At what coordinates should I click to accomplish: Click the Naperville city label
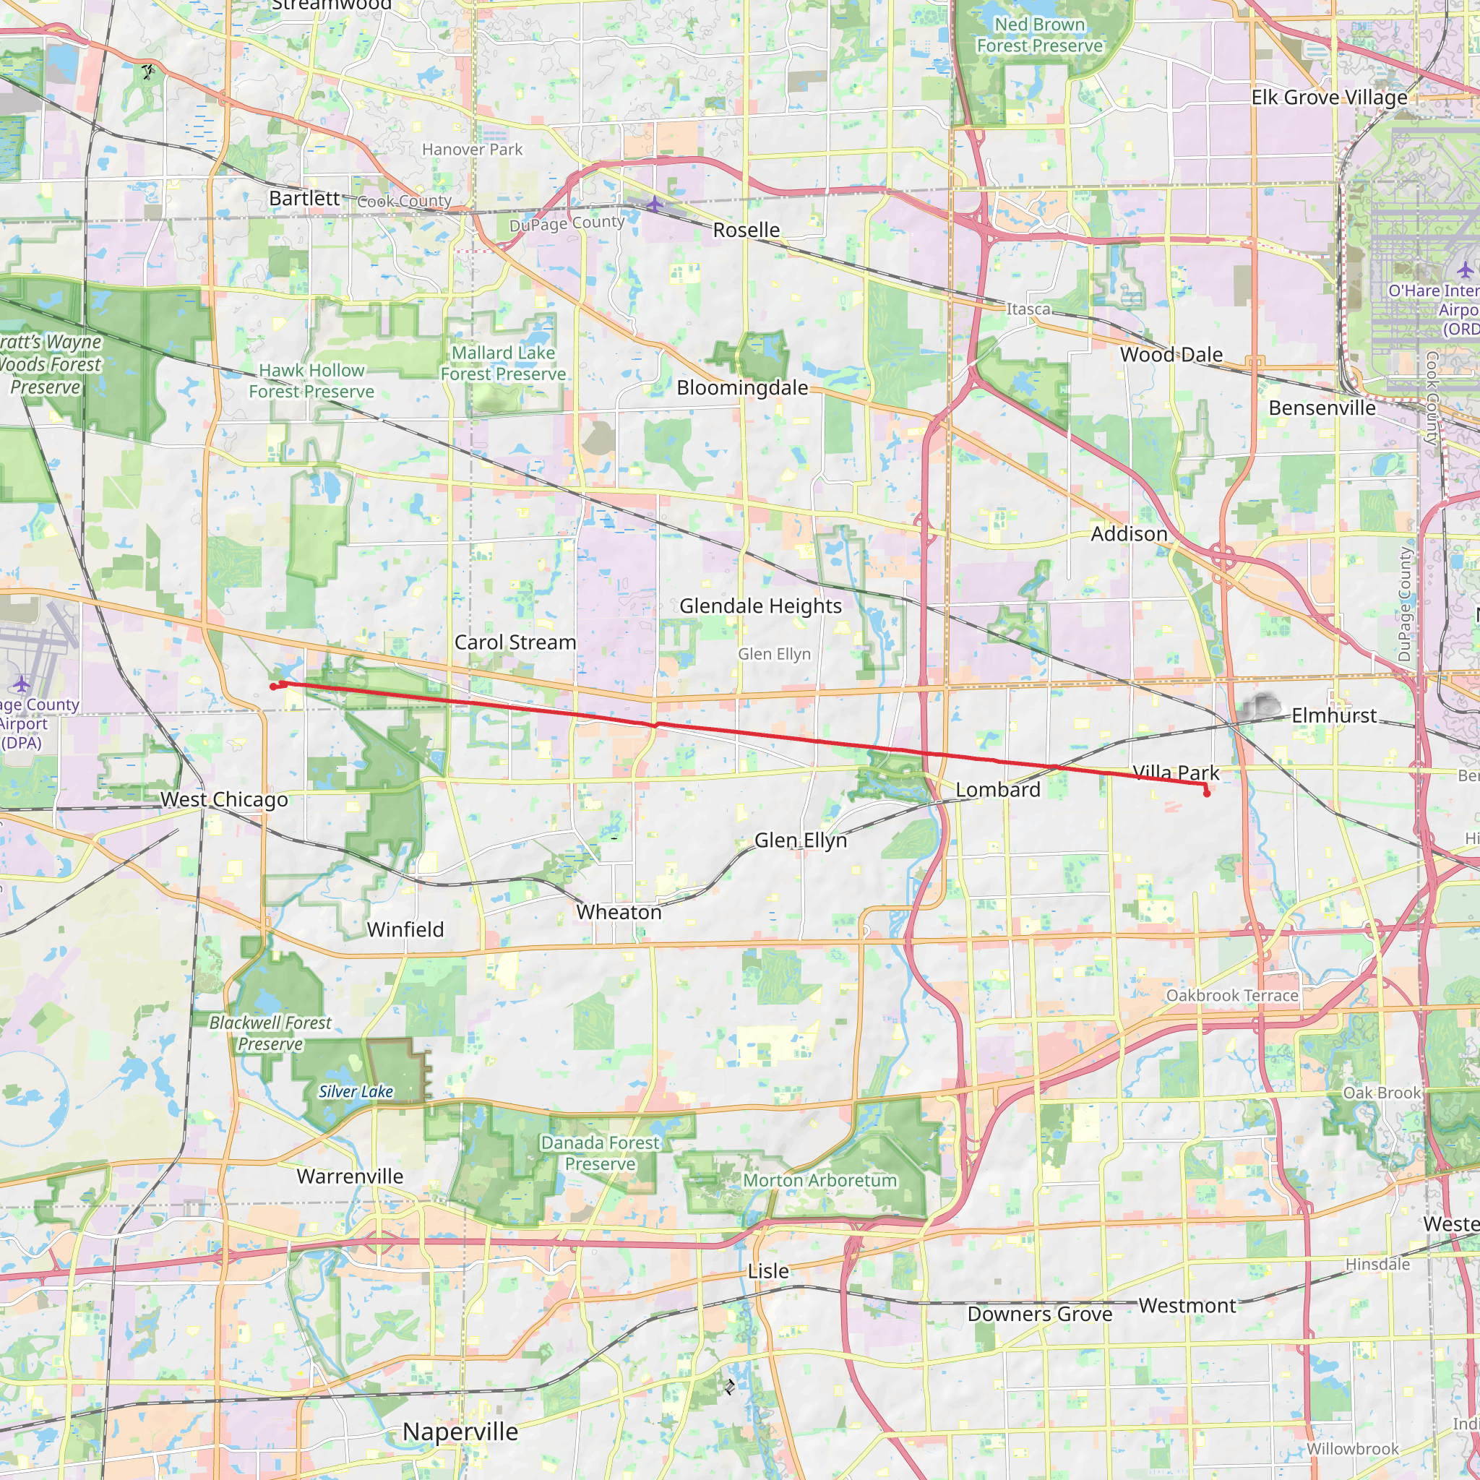click(460, 1431)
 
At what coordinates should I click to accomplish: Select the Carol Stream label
click(515, 642)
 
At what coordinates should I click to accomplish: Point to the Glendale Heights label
click(760, 606)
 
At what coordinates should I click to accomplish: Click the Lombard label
click(997, 790)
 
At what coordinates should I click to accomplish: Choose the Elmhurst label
click(1334, 715)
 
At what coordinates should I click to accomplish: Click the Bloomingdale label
click(741, 387)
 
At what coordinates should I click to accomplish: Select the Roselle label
click(746, 230)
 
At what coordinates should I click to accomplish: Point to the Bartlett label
click(304, 199)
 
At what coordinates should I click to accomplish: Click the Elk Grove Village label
click(1329, 98)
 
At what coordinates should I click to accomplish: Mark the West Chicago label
click(224, 799)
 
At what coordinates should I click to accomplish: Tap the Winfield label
click(405, 929)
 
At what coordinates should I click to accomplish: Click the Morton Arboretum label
click(819, 1181)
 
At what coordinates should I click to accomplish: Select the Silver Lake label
click(356, 1092)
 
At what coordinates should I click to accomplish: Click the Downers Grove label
click(1039, 1314)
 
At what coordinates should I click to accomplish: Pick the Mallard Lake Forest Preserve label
click(502, 363)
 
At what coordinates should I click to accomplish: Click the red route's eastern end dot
click(1207, 793)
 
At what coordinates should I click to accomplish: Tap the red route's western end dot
click(273, 687)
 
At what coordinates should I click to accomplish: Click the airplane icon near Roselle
click(654, 204)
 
